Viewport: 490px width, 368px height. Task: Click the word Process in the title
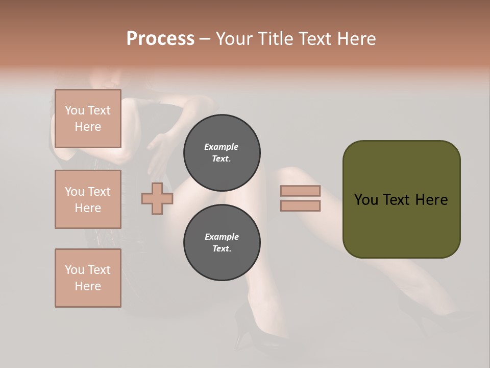pos(160,39)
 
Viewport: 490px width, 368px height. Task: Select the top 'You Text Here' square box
pos(88,119)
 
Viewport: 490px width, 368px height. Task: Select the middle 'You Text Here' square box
pos(88,199)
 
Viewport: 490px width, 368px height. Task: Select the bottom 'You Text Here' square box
pos(88,278)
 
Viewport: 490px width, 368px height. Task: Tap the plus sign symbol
pos(157,199)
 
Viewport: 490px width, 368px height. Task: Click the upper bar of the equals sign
pos(300,191)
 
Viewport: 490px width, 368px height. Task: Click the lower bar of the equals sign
pos(300,206)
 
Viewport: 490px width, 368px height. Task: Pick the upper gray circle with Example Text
pos(222,152)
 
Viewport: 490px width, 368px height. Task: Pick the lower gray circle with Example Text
pos(222,243)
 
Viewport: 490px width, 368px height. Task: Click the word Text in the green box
pos(402,200)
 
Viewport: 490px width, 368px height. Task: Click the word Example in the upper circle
pos(222,147)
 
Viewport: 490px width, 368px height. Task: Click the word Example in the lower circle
pos(222,237)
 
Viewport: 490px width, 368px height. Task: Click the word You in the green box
pos(366,200)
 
